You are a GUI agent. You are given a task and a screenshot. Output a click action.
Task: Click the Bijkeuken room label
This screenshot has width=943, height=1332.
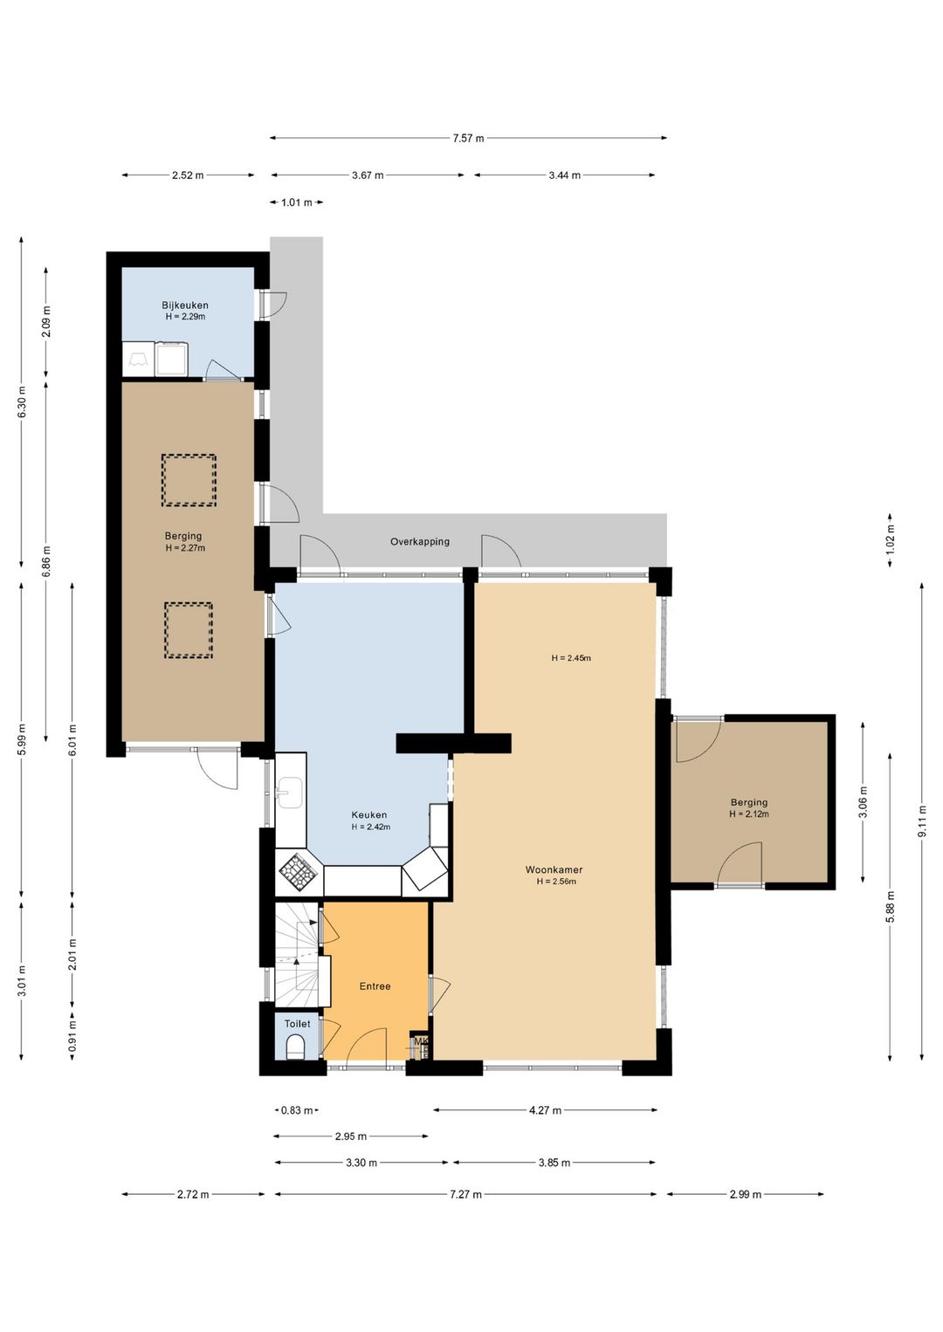pyautogui.click(x=185, y=305)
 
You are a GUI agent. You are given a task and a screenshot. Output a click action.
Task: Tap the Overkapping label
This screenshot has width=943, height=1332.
pyautogui.click(x=419, y=542)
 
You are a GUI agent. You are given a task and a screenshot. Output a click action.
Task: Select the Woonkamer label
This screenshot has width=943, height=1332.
pyautogui.click(x=554, y=869)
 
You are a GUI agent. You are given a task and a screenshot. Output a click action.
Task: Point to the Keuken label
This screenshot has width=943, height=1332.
pyautogui.click(x=368, y=815)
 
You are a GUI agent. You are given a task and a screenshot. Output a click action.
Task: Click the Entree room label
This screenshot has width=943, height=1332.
pyautogui.click(x=375, y=986)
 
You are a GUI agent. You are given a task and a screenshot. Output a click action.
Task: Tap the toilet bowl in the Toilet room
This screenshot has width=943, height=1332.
pyautogui.click(x=295, y=1047)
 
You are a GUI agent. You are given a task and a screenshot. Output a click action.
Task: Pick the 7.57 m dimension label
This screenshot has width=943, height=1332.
pyautogui.click(x=468, y=139)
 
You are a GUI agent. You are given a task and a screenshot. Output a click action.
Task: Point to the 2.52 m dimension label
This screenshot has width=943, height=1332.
pyautogui.click(x=188, y=175)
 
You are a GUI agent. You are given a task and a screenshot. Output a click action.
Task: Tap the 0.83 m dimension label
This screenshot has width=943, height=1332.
pyautogui.click(x=297, y=1110)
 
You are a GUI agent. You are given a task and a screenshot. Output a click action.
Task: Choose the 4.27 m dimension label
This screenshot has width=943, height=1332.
pyautogui.click(x=546, y=1110)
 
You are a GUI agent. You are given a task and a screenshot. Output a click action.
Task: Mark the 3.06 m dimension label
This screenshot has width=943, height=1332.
pyautogui.click(x=864, y=801)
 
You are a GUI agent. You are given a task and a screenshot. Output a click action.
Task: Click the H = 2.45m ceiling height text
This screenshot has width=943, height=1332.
pyautogui.click(x=571, y=657)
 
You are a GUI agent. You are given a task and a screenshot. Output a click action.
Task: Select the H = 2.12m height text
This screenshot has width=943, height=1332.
pyautogui.click(x=749, y=814)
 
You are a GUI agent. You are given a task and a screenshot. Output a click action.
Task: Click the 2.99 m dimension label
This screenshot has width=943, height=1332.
pyautogui.click(x=746, y=1194)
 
